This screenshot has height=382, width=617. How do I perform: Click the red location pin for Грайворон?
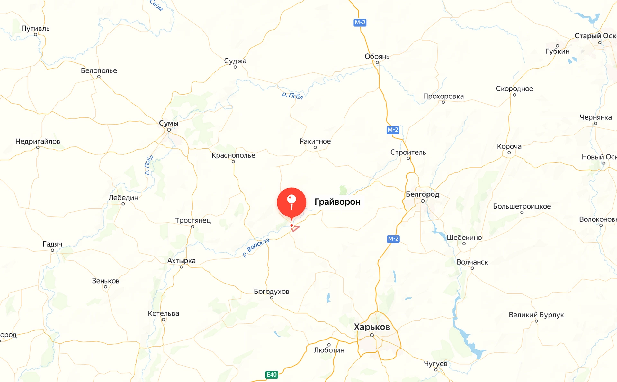(x=291, y=202)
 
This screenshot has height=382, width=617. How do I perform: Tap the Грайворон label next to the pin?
(x=337, y=202)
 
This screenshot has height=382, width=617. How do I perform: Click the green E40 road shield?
(x=272, y=375)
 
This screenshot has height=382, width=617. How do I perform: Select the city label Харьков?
(x=372, y=327)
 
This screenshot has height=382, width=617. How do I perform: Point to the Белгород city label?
(x=422, y=194)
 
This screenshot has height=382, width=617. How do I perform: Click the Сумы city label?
(x=169, y=123)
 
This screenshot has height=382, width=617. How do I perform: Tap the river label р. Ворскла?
(x=256, y=247)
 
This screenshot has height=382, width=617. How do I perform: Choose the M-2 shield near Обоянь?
(x=360, y=23)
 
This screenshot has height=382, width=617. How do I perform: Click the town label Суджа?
(x=235, y=61)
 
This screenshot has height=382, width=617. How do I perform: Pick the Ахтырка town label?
(x=181, y=261)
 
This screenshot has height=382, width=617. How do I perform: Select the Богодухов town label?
(x=272, y=292)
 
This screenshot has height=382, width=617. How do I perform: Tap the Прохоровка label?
(x=443, y=96)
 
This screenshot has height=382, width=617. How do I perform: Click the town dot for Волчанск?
(x=472, y=268)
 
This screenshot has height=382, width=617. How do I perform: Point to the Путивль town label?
(x=35, y=28)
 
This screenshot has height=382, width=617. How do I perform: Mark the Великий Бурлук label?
(x=536, y=315)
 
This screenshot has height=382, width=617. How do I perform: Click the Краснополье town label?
(x=233, y=155)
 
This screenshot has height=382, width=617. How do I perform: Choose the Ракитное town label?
(x=315, y=141)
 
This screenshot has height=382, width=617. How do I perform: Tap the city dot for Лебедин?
(x=123, y=204)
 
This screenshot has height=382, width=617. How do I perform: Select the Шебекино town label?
(x=464, y=238)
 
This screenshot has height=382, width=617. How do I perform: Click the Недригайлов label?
(x=38, y=141)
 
